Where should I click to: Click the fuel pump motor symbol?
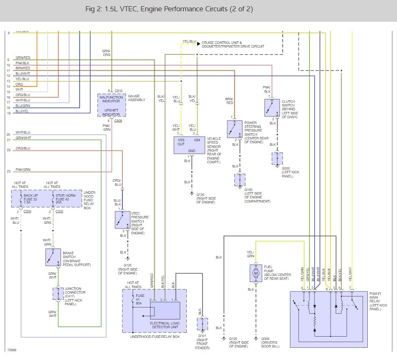click(x=255, y=273)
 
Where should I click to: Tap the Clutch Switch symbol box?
click(x=272, y=108)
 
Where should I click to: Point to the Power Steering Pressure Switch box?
click(x=234, y=129)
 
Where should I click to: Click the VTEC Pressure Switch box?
click(x=123, y=220)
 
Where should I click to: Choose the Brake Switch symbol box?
click(x=53, y=257)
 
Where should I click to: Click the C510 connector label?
click(x=118, y=91)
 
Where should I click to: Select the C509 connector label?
click(x=118, y=121)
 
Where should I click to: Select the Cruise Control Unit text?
click(x=221, y=43)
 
